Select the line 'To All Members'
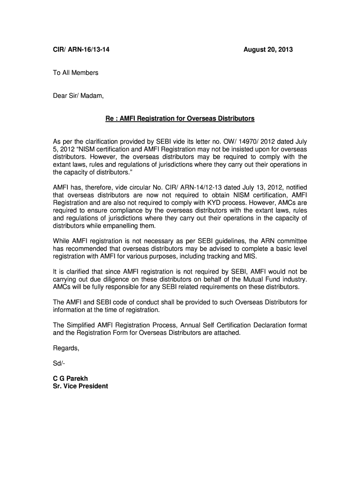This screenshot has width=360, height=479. (75, 73)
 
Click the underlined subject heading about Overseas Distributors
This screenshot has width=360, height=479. (180, 119)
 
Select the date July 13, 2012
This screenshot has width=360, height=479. (255, 188)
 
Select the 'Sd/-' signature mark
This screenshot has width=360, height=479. (59, 363)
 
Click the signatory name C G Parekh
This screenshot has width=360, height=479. (71, 378)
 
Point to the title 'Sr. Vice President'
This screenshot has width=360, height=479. (80, 386)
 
